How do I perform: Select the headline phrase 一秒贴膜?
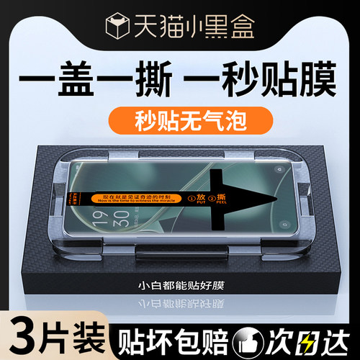264,76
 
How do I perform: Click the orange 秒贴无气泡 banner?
179,115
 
